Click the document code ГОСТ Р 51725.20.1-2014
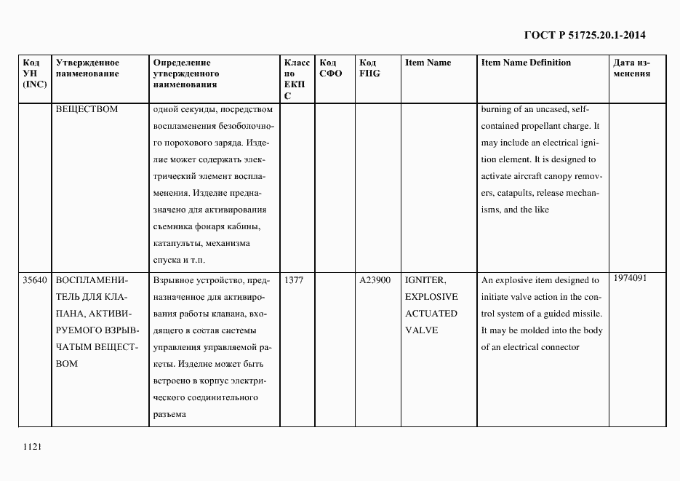pos(585,35)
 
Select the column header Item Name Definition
pos(526,63)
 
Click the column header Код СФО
pos(331,68)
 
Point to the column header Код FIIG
pos(369,68)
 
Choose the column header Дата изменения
pos(631,68)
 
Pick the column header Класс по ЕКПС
pos(296,79)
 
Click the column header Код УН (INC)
pos(34,73)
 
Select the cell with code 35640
pos(35,280)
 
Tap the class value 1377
pos(294,280)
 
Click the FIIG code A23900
pos(375,280)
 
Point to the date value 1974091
pos(630,278)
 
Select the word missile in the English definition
pos(586,314)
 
